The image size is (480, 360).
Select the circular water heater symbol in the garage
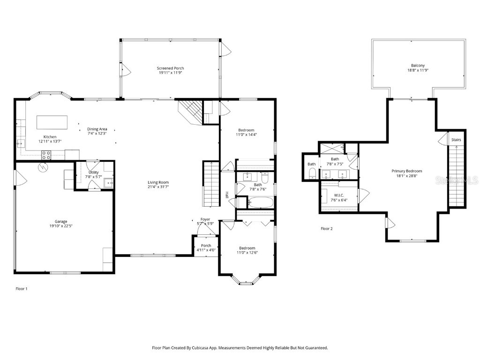coord(43,167)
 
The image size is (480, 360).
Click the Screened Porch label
coord(170,68)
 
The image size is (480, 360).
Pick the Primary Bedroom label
coord(407,171)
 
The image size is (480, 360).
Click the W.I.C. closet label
coord(338,195)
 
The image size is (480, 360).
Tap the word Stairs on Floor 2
coord(456,140)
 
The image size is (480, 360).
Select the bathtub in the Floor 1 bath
coord(260,202)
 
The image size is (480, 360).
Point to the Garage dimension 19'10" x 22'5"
coord(61,226)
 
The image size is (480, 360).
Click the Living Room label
coord(158,182)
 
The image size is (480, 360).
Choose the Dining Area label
coord(97,129)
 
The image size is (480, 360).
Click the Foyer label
coord(205,219)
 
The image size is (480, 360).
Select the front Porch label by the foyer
coord(206,245)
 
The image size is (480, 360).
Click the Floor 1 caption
coord(22,289)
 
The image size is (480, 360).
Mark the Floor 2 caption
coord(326,229)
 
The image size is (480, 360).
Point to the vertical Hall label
coord(226,195)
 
